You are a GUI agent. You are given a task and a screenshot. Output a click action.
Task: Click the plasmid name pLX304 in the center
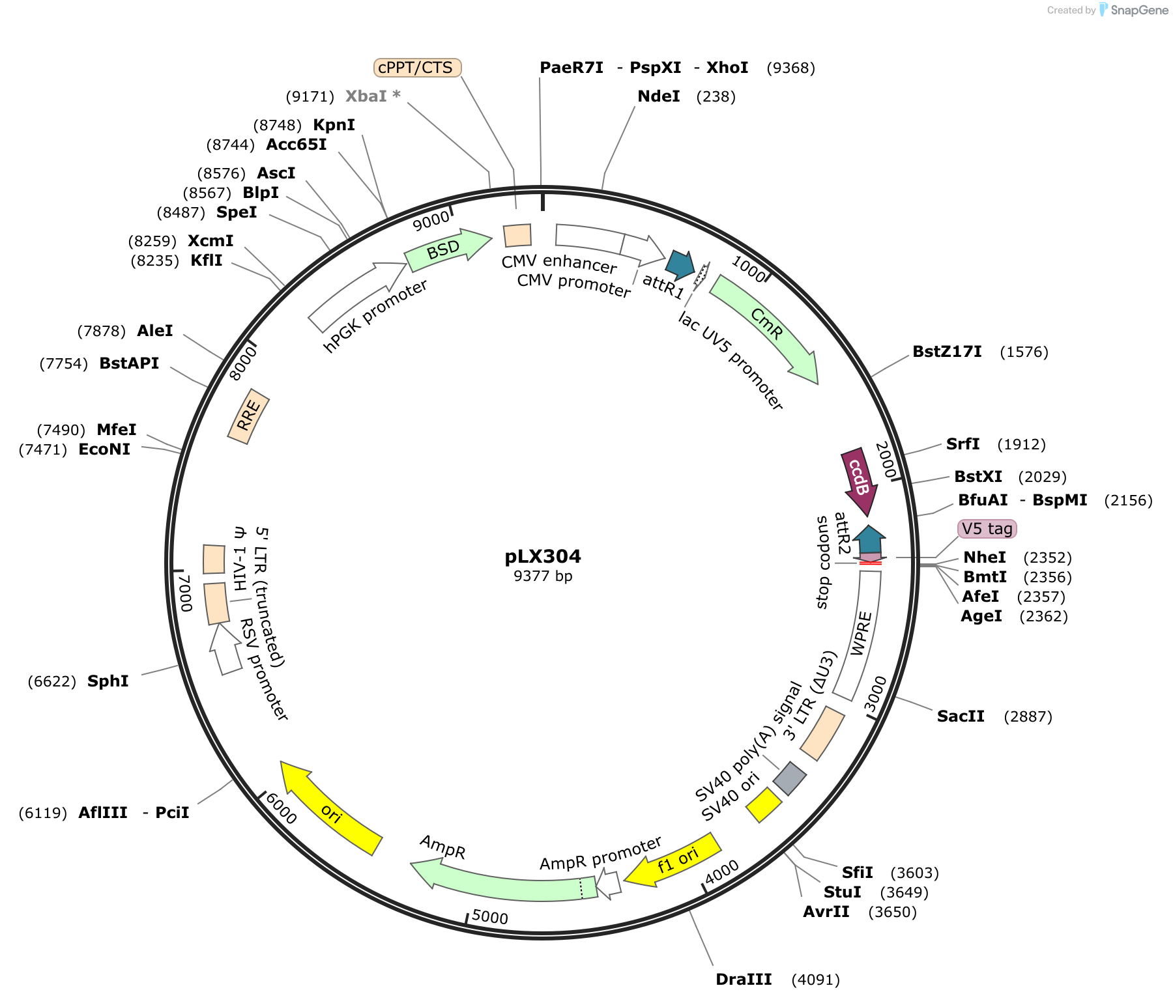[543, 556]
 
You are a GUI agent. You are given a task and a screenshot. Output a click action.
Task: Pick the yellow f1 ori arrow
[674, 860]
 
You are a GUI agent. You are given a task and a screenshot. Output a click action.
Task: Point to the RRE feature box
[248, 416]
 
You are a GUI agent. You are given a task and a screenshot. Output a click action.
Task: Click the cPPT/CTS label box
[417, 68]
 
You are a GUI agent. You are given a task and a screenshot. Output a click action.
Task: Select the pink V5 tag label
[987, 529]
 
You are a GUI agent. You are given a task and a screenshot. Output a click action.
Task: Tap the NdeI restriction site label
[659, 96]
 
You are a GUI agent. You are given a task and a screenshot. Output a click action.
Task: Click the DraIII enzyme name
[744, 980]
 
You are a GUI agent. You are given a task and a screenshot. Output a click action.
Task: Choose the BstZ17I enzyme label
[947, 352]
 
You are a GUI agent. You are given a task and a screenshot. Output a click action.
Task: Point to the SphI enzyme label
[108, 681]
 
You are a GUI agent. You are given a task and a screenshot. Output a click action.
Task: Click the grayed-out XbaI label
[373, 96]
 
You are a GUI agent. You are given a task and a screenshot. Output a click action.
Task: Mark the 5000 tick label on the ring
[490, 917]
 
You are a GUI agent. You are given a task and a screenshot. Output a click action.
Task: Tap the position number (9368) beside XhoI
[791, 68]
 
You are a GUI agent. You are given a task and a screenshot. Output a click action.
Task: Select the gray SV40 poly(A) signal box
[790, 778]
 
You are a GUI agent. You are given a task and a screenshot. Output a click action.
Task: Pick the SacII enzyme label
[961, 716]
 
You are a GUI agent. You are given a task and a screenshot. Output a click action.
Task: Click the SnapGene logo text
[1139, 10]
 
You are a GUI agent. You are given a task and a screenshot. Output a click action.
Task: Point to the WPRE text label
[861, 633]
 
